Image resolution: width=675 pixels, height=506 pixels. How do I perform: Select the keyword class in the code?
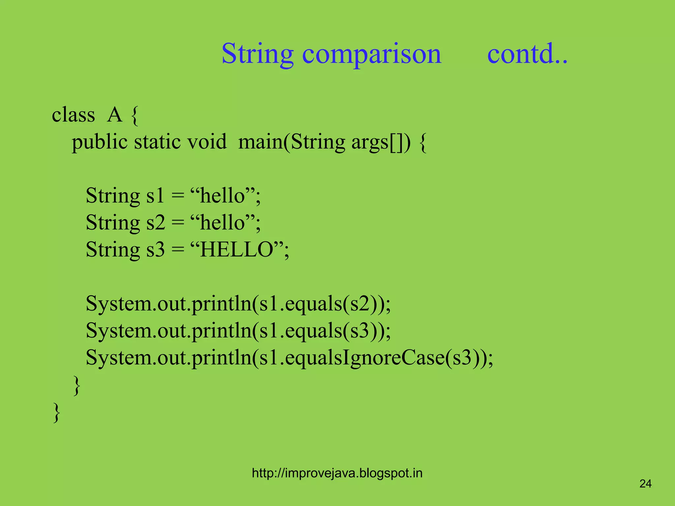[x=73, y=115]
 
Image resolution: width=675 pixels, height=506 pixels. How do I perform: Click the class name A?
[x=115, y=115]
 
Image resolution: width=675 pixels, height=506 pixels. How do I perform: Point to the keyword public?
[x=100, y=142]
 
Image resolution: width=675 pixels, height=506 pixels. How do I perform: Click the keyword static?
[x=157, y=142]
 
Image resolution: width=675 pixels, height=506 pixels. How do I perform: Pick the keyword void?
[x=207, y=142]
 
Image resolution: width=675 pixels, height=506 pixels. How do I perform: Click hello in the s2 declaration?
[x=222, y=223]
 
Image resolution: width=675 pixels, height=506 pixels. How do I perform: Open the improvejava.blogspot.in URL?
[x=337, y=473]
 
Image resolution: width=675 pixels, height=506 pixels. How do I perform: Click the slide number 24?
[x=645, y=484]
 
